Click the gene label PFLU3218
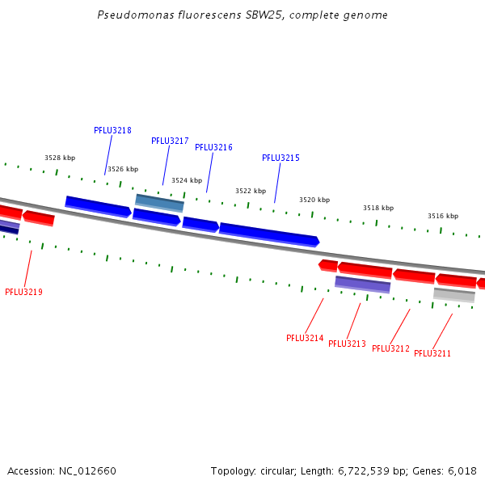click(112, 130)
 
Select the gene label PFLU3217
click(170, 141)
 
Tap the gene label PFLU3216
click(213, 147)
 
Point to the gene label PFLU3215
click(280, 158)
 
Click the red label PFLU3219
click(23, 292)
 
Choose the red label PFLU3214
click(305, 338)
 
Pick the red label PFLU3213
click(347, 344)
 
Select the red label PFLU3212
click(390, 348)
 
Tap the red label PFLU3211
click(432, 353)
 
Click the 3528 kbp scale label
click(60, 158)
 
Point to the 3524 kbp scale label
click(187, 180)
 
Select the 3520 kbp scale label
click(314, 200)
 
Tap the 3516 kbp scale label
click(443, 216)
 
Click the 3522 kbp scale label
click(251, 191)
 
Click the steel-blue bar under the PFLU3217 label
click(159, 202)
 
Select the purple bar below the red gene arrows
click(363, 284)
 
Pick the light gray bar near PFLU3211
click(453, 294)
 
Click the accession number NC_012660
click(87, 470)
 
